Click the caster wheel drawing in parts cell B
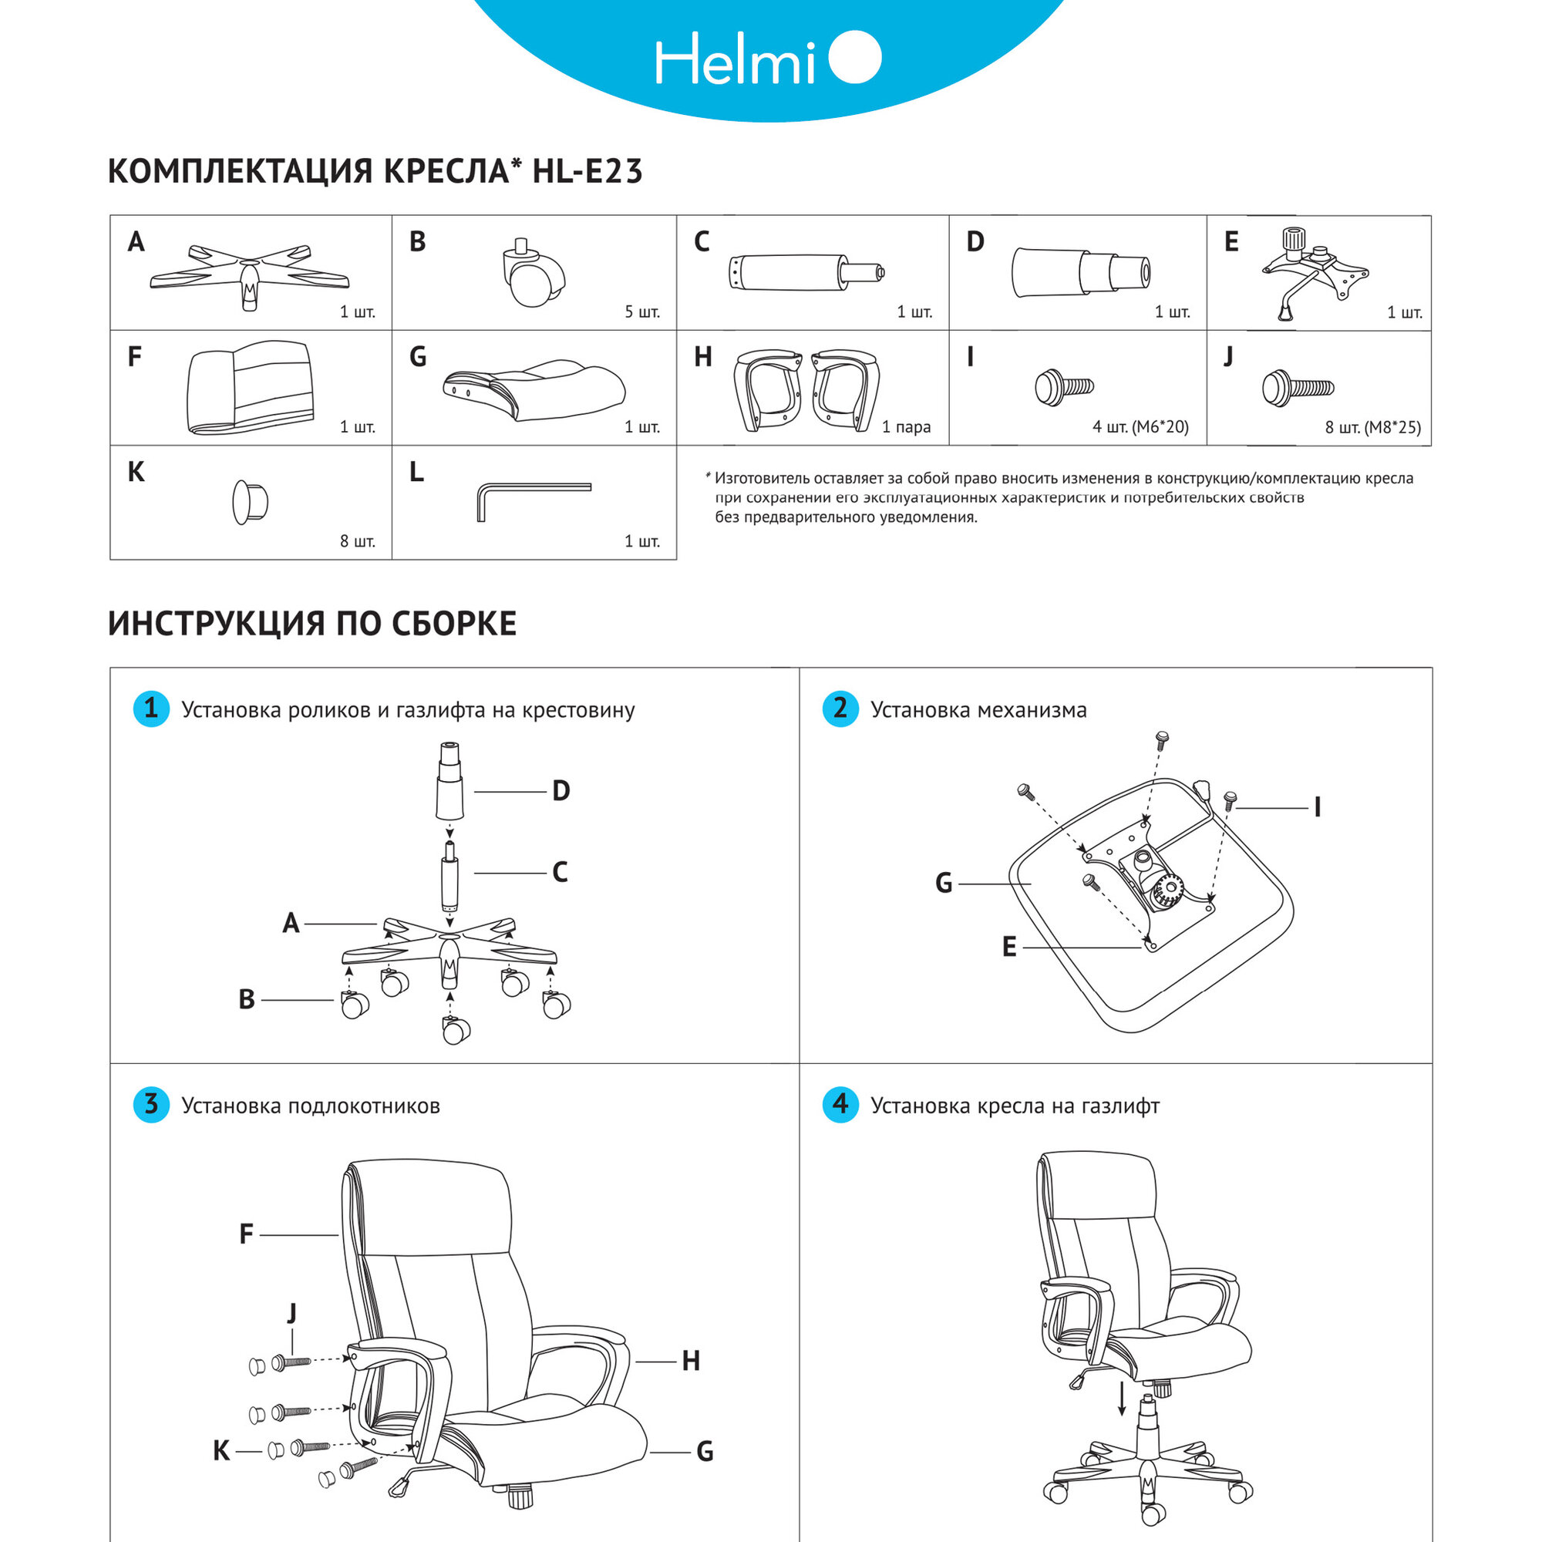pyautogui.click(x=532, y=275)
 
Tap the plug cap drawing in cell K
pyautogui.click(x=250, y=502)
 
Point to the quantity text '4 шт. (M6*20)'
pyautogui.click(x=1140, y=427)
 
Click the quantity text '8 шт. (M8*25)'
pyautogui.click(x=1372, y=427)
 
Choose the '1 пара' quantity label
pyautogui.click(x=906, y=427)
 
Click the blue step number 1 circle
pyautogui.click(x=151, y=709)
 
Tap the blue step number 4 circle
pyautogui.click(x=840, y=1105)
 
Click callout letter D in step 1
pyautogui.click(x=561, y=791)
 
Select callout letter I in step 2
pyautogui.click(x=1318, y=808)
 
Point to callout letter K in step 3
pyautogui.click(x=221, y=1451)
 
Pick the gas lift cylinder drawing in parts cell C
pyautogui.click(x=806, y=273)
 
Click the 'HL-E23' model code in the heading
pyautogui.click(x=588, y=172)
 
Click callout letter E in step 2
pyautogui.click(x=1008, y=948)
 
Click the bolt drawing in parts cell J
pyautogui.click(x=1297, y=389)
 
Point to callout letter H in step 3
pyautogui.click(x=691, y=1361)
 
